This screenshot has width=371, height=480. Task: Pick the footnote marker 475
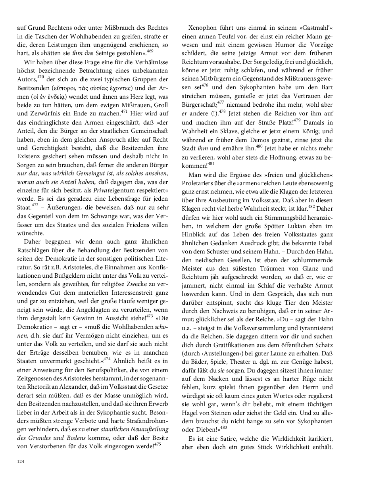tap(158, 434)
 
